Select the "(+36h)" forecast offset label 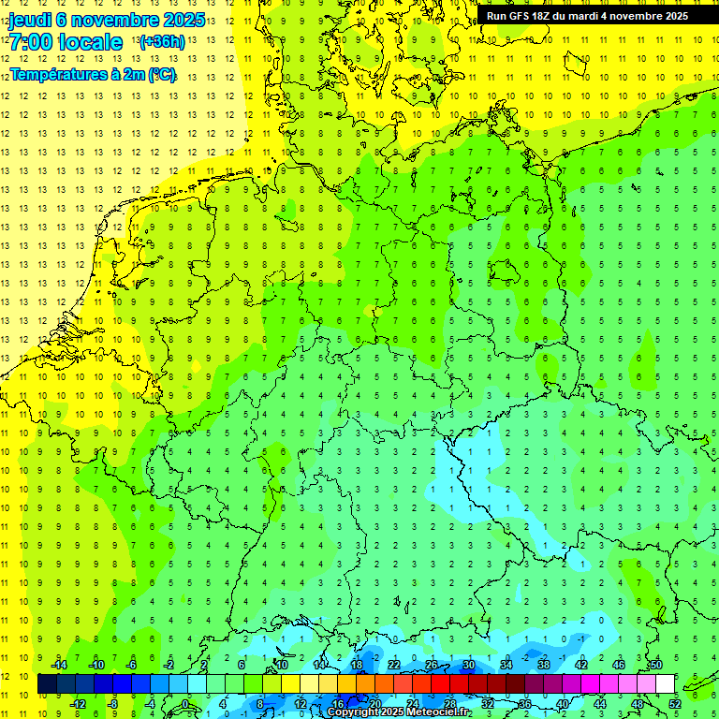click(161, 42)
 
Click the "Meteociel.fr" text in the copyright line click(438, 712)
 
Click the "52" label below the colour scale click(675, 704)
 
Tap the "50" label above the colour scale click(655, 665)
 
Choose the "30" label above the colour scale click(468, 665)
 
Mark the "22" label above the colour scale click(394, 665)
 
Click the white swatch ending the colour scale click(666, 684)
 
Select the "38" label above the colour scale click(543, 665)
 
